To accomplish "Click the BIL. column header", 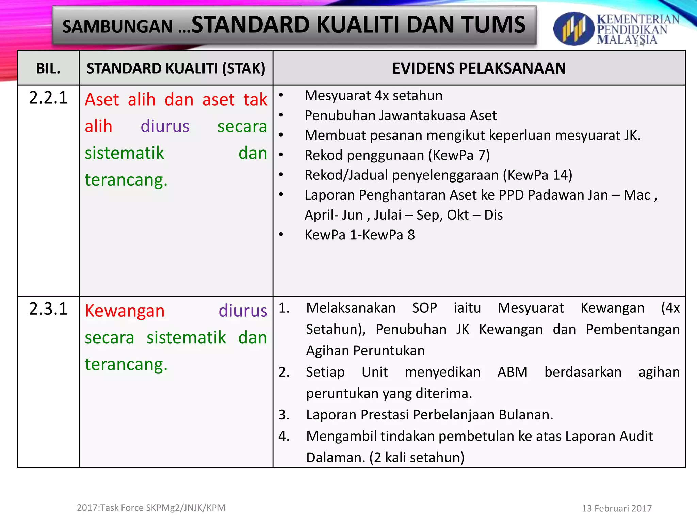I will [48, 68].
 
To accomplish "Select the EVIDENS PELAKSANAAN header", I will [479, 68].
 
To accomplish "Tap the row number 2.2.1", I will [48, 98].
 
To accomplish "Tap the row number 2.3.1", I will [48, 309].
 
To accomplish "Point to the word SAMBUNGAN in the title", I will [117, 27].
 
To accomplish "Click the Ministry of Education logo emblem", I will [573, 29].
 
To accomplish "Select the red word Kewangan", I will [125, 311].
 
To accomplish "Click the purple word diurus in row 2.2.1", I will [165, 126].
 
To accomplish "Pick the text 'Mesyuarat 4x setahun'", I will [373, 96].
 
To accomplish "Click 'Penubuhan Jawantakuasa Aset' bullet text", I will [400, 115].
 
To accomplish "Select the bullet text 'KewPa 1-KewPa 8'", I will [359, 235].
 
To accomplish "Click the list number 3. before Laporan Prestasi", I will [284, 415].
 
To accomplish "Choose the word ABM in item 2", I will [512, 372].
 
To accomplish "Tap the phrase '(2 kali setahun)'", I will [417, 457].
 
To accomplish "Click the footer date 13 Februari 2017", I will [617, 508].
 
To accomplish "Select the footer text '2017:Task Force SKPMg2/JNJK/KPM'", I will [151, 508].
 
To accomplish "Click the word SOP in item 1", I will [424, 308].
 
